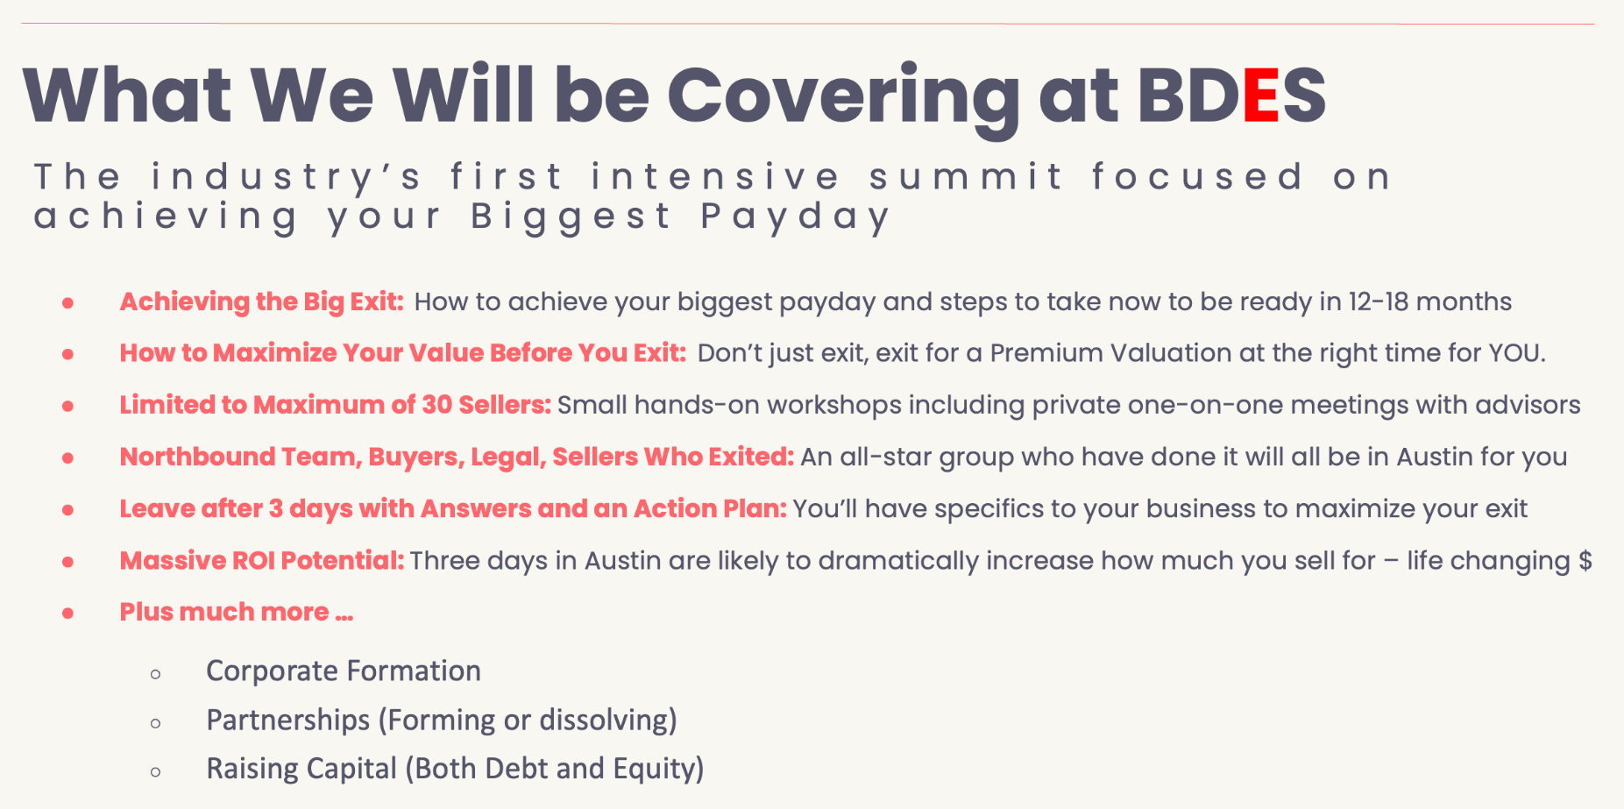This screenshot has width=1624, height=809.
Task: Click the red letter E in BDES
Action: click(x=1261, y=95)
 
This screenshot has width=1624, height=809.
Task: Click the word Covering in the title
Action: click(x=843, y=99)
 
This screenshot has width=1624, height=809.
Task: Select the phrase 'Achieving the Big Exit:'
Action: click(x=262, y=302)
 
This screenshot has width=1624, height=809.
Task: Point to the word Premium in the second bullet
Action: click(x=1046, y=353)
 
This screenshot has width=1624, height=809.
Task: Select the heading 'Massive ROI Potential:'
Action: click(x=262, y=560)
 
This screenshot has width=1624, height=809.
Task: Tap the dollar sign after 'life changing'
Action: click(x=1585, y=560)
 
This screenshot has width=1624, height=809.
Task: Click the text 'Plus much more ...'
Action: click(x=237, y=612)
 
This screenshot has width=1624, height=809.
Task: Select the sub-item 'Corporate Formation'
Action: click(x=344, y=671)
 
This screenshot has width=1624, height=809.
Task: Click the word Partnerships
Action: click(x=288, y=720)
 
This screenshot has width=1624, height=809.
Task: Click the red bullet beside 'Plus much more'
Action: click(x=68, y=613)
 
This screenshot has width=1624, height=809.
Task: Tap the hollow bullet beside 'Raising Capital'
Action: click(x=156, y=772)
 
